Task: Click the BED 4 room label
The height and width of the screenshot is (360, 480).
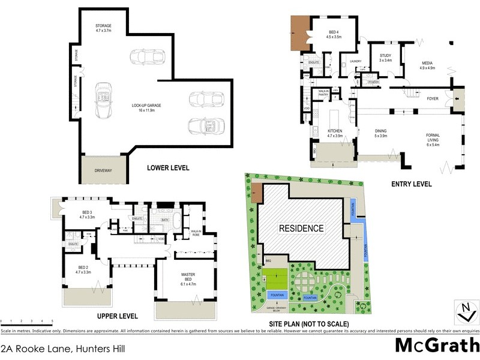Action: (x=334, y=34)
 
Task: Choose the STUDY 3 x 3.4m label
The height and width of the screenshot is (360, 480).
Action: (x=385, y=58)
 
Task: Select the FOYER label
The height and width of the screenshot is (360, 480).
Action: (x=432, y=98)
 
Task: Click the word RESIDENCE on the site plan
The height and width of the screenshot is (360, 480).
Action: (x=301, y=228)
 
